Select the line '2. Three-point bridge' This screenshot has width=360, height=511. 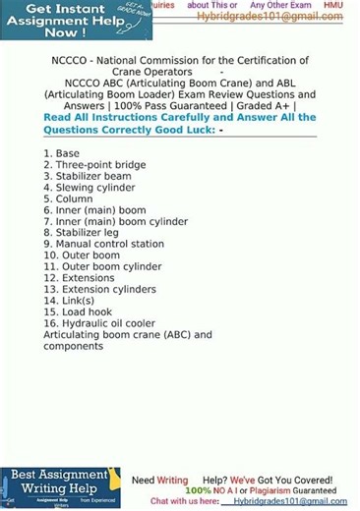[x=94, y=165]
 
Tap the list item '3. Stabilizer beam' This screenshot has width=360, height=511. [x=88, y=177]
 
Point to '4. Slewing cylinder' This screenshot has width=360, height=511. [x=89, y=188]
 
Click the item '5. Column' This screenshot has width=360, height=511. [x=68, y=199]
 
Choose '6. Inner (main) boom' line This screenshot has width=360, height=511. [x=94, y=210]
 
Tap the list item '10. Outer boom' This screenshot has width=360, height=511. [x=82, y=255]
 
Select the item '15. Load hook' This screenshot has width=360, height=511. [x=78, y=312]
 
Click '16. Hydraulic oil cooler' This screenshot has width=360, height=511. [x=99, y=323]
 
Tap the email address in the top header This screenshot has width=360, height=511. [x=270, y=17]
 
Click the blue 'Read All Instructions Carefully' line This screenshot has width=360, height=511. [x=180, y=118]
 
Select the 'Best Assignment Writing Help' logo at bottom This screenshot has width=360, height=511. [x=59, y=488]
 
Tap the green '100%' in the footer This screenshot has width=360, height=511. [x=198, y=490]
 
